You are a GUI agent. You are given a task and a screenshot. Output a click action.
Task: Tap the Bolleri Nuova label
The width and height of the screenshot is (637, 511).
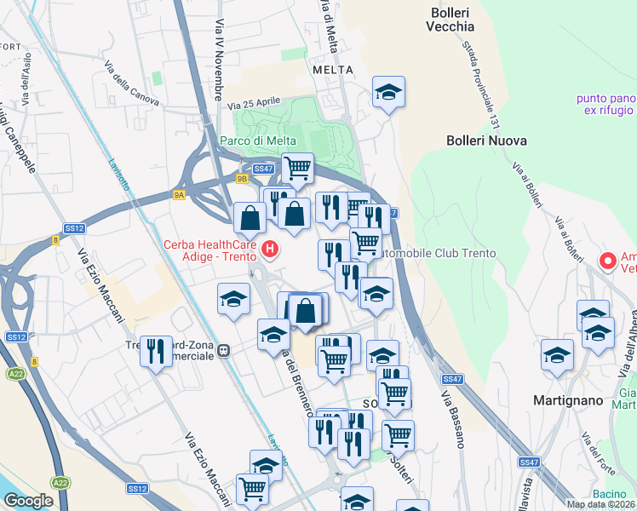pos(486,141)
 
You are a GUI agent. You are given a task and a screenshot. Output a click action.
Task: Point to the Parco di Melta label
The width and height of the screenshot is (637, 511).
pos(258,141)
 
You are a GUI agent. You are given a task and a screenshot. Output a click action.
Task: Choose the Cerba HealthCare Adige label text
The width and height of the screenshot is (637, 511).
pos(213,249)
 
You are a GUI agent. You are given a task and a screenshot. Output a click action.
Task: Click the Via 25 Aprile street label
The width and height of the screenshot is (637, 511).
pos(253,104)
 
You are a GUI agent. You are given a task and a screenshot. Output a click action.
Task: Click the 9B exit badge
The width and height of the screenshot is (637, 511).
pos(242,179)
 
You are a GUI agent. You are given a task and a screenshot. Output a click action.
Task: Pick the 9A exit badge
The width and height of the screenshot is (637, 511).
pos(179,195)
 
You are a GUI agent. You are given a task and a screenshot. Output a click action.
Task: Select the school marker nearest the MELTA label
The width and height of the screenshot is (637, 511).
pos(388,92)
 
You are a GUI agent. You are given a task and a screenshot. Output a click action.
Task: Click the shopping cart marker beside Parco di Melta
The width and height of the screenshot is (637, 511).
pos(297,169)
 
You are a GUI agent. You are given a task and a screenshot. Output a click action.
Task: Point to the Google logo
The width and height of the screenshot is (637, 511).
pos(29,501)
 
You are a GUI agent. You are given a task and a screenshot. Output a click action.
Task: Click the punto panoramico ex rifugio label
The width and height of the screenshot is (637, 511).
pos(605,104)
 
